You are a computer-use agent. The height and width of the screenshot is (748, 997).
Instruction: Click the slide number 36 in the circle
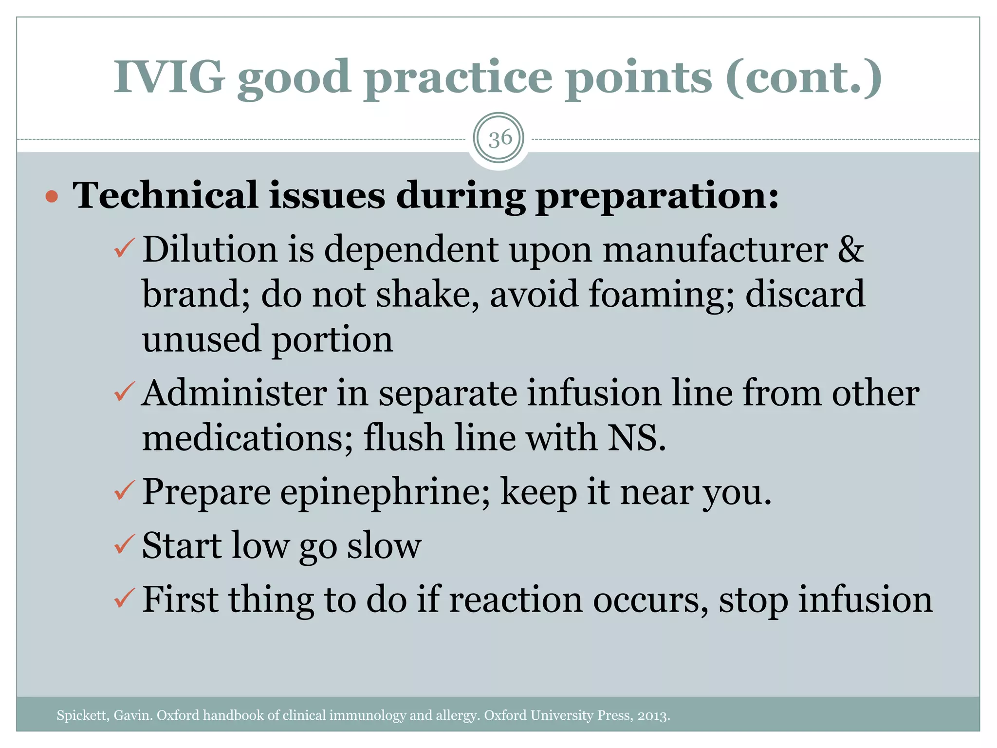click(499, 139)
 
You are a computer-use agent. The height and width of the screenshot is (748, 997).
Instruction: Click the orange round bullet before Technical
click(52, 197)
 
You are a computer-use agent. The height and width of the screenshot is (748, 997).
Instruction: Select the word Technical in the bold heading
click(165, 195)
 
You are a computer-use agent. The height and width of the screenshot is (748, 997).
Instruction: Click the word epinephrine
click(385, 492)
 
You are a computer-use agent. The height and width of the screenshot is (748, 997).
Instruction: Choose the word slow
click(384, 546)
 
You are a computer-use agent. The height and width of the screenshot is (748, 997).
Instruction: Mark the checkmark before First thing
click(124, 598)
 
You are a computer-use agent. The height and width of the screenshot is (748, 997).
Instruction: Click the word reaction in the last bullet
click(516, 599)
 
